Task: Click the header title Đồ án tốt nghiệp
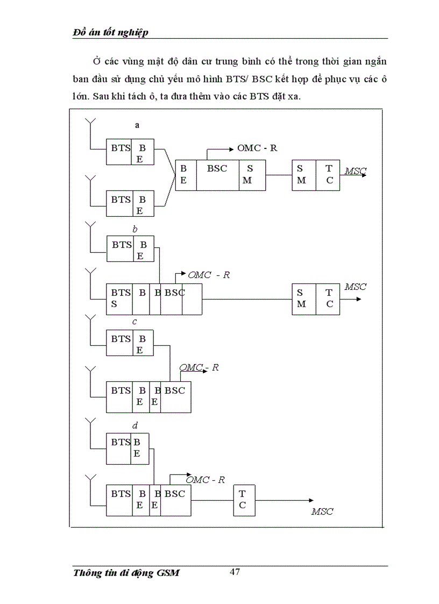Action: pyautogui.click(x=110, y=32)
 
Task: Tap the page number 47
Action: pyautogui.click(x=235, y=572)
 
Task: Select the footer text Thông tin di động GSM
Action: pyautogui.click(x=126, y=573)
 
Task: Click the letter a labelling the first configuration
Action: pyautogui.click(x=137, y=125)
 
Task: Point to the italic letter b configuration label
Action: pyautogui.click(x=135, y=230)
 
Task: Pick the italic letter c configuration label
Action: pyautogui.click(x=134, y=322)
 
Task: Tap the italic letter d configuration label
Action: pyautogui.click(x=135, y=426)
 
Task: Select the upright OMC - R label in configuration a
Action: pyautogui.click(x=257, y=148)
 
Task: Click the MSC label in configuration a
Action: pyautogui.click(x=355, y=171)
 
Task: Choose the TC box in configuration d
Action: pyautogui.click(x=243, y=500)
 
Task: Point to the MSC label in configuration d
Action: pyautogui.click(x=322, y=511)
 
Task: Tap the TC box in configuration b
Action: pyautogui.click(x=329, y=299)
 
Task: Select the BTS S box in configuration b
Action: pyautogui.click(x=119, y=299)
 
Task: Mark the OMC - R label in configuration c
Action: pyautogui.click(x=199, y=368)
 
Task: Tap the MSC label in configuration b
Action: pyautogui.click(x=355, y=287)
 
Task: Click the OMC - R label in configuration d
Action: pyautogui.click(x=205, y=480)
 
